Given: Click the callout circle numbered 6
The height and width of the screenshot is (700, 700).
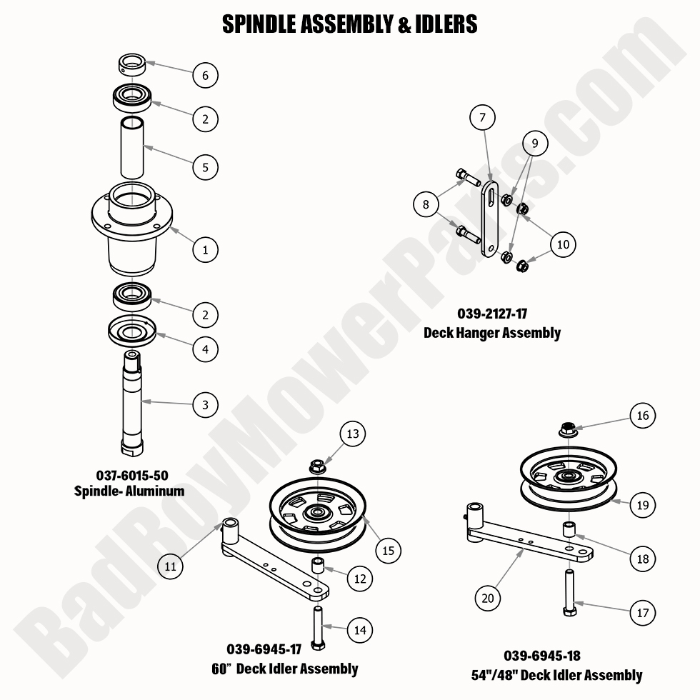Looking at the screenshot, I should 205,75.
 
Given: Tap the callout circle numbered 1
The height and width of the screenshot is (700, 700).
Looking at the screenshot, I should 205,250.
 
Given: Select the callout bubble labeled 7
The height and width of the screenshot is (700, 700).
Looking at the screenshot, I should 482,117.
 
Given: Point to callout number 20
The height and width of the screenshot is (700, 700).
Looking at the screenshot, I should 488,599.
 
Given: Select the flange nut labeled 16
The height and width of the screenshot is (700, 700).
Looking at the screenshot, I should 569,431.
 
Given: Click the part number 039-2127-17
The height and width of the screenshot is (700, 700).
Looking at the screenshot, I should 492,313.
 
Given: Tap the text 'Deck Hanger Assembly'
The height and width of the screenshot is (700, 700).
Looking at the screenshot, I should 492,333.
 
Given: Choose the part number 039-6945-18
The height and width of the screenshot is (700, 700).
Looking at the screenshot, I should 541,656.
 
